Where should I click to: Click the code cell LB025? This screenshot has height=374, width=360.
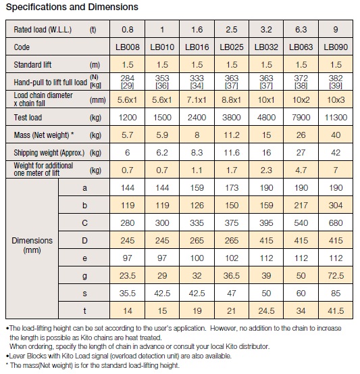[232, 47]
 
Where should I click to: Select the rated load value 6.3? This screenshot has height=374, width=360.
[301, 30]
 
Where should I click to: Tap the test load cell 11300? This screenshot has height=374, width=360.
[336, 118]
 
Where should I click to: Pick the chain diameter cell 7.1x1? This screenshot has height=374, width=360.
[197, 99]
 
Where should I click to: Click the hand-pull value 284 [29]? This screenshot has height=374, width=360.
[128, 82]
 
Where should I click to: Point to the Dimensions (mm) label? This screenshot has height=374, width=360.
[32, 246]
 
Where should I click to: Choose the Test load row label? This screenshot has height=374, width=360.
[28, 118]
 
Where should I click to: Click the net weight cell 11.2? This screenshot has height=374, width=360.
[232, 135]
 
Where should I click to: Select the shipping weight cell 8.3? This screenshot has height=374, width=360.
[197, 153]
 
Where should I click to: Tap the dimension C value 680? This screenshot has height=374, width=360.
[336, 223]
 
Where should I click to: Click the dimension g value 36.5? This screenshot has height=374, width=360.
[232, 276]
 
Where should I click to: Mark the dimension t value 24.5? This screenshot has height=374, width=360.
[266, 311]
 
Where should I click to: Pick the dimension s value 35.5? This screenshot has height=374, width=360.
[128, 293]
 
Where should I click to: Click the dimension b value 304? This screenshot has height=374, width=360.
[336, 206]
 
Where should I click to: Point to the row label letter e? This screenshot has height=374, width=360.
[84, 258]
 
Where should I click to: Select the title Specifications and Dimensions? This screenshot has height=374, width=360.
[72, 7]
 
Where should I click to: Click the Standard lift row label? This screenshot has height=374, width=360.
[32, 65]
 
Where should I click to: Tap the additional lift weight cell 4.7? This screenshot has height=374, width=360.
[301, 170]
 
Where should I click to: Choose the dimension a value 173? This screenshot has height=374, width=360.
[232, 188]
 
